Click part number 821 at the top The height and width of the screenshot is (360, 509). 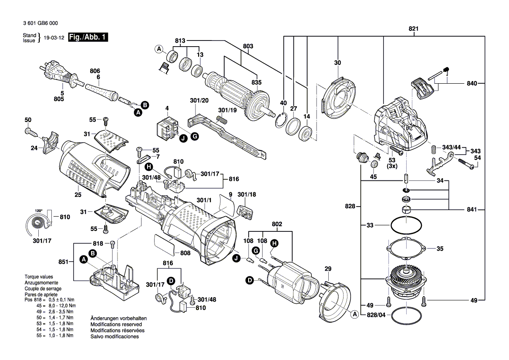[413, 29]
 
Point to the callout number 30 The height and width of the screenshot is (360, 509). [337, 63]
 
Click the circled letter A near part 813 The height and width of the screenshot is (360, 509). [159, 48]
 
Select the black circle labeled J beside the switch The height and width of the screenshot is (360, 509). [184, 138]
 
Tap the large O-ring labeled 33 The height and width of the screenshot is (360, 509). [406, 225]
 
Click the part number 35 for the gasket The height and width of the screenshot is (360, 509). [440, 249]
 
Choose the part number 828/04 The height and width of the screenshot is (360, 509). [376, 314]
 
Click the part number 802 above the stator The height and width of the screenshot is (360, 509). [277, 224]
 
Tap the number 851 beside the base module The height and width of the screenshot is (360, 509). [64, 262]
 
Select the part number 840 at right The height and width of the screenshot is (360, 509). [472, 83]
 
